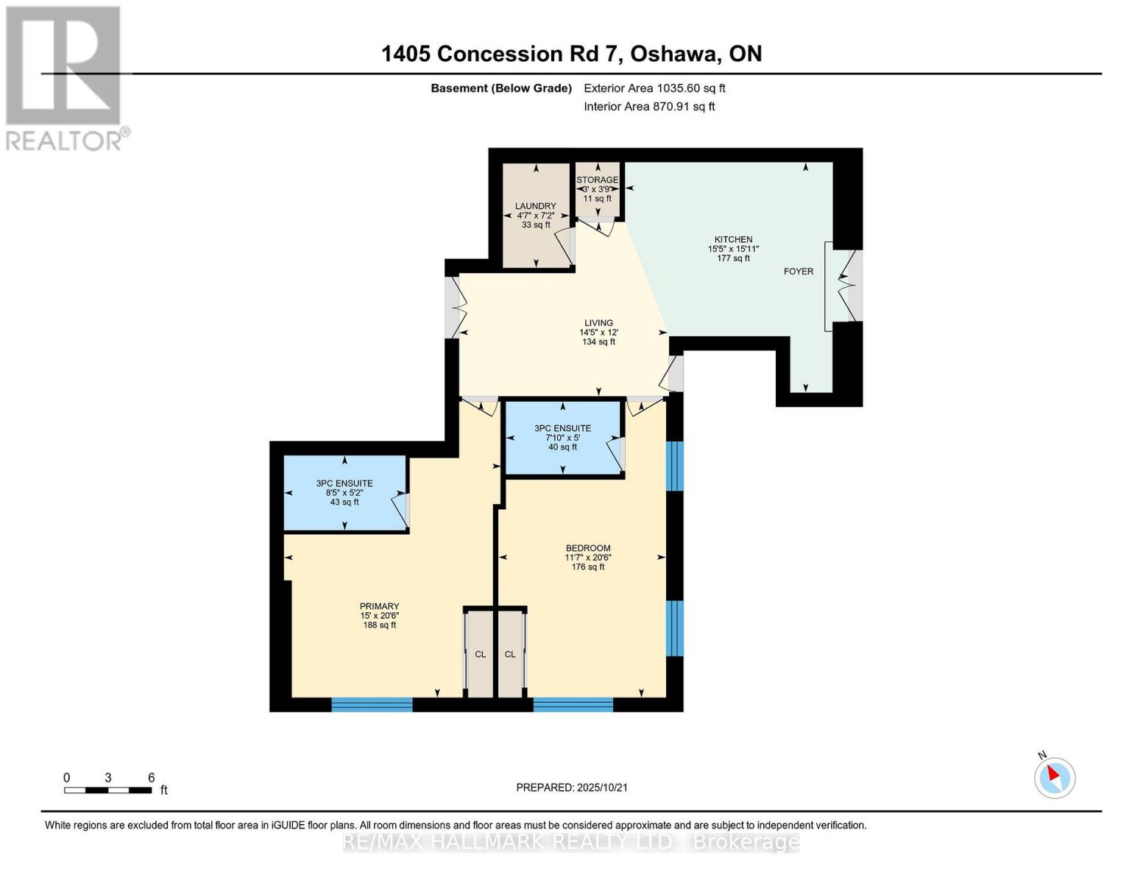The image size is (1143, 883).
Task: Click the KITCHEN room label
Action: coord(733,239)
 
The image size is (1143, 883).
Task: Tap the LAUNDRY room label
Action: coord(536,206)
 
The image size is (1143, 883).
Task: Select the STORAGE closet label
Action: coord(597,180)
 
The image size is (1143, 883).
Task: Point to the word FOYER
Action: coord(799,272)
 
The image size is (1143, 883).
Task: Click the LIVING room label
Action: coord(598,323)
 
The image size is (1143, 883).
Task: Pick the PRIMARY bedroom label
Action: coord(379,606)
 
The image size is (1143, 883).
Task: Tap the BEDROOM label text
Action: coord(588,548)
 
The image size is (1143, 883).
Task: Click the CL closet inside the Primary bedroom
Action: coord(481,654)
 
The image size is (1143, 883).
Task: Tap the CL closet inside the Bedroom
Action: coord(510,654)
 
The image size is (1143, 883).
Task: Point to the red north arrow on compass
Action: coord(1053,773)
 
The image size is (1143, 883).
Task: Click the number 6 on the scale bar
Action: coord(152,777)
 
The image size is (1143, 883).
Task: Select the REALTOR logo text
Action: coord(64,141)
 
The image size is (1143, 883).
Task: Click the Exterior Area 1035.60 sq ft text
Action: coord(654,88)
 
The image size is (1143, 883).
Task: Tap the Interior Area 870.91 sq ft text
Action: coord(649,107)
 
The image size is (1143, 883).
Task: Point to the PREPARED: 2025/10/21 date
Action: coord(572,788)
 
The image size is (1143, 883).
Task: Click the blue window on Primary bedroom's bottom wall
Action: coord(372,705)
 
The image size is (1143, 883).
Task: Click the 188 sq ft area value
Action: coord(379,625)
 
